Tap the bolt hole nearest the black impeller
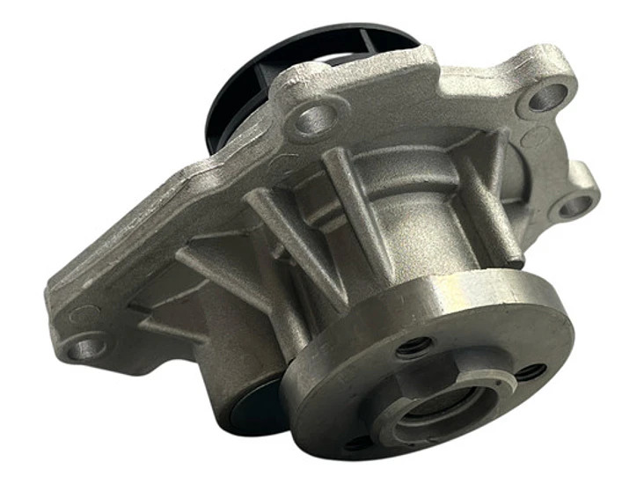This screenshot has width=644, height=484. pyautogui.click(x=313, y=115)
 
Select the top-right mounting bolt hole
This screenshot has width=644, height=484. pyautogui.click(x=546, y=94)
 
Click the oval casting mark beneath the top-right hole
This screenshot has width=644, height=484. pyautogui.click(x=536, y=137)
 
